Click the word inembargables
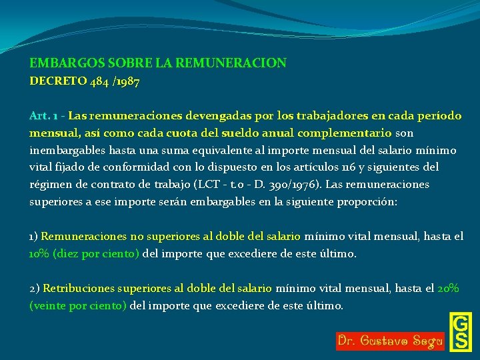tap(67, 150)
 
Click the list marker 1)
tap(34, 236)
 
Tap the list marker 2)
tap(35, 289)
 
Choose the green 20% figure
tap(448, 289)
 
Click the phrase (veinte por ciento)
tap(79, 306)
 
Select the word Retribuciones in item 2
tap(79, 289)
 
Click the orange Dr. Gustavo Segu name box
tap(390, 341)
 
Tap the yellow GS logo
tap(460, 331)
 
